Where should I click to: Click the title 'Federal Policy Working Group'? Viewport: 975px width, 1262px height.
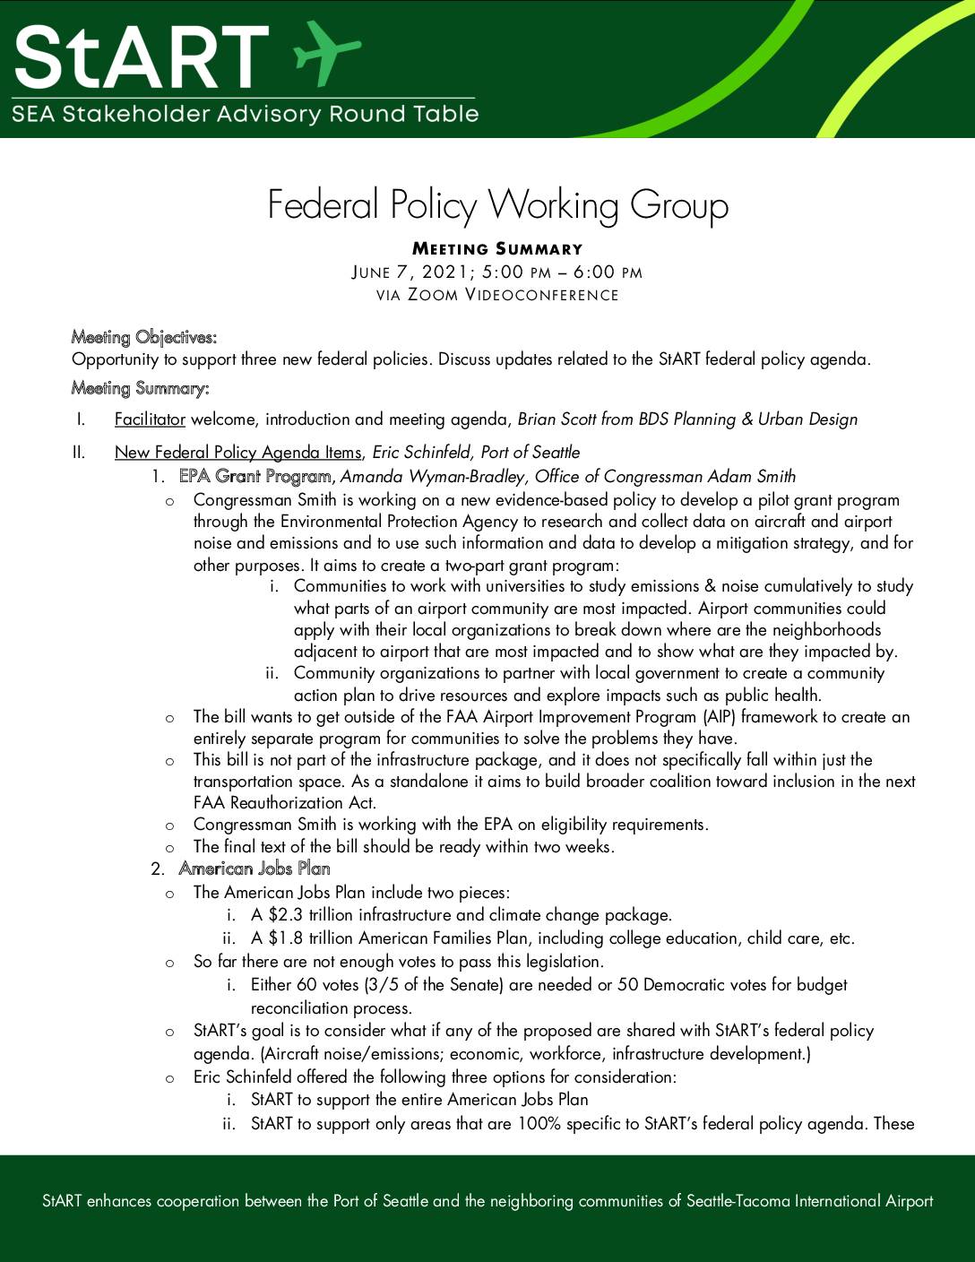pos(497,205)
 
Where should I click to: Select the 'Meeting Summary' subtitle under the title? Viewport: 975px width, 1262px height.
pos(497,249)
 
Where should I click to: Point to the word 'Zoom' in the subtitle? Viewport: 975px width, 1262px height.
pos(433,295)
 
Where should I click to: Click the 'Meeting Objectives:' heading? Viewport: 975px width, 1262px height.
pos(143,338)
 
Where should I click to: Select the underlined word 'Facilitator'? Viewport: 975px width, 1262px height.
pos(150,419)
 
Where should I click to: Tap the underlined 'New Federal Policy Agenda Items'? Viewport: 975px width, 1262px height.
pos(237,453)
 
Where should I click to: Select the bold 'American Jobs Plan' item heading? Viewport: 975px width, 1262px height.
pos(255,869)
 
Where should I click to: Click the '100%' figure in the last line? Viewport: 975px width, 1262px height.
pos(539,1124)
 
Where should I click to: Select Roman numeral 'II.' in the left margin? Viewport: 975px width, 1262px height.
pos(78,453)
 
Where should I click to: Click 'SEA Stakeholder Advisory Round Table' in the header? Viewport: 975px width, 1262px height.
pos(245,115)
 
